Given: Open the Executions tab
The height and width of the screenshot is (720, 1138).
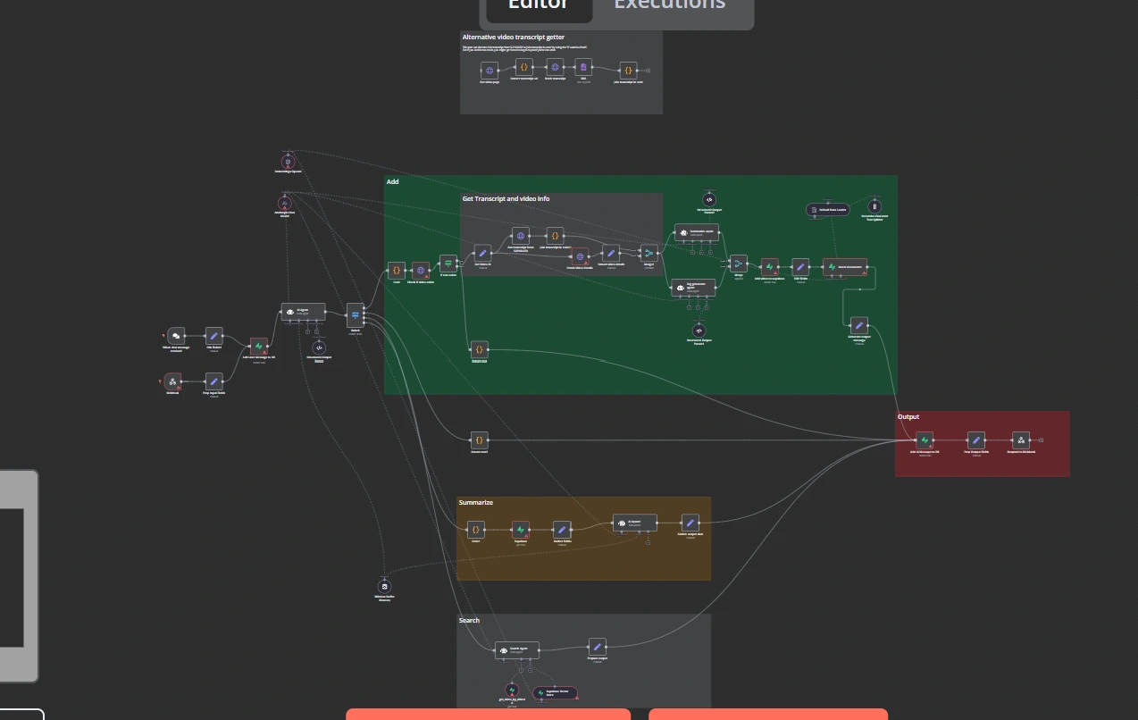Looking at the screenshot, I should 669,5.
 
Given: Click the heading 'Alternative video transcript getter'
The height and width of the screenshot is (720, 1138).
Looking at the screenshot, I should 514,37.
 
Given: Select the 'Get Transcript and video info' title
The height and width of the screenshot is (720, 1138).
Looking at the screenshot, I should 506,198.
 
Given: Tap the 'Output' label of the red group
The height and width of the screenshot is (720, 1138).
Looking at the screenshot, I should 908,416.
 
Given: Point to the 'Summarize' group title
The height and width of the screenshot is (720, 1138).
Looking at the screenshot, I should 476,502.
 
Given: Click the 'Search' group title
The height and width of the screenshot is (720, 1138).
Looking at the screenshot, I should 469,620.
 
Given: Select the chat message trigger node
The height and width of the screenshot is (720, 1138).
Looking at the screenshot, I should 176,336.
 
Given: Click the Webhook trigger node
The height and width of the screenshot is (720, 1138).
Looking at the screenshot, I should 173,382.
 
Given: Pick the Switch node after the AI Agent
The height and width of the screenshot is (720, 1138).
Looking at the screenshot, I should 356,313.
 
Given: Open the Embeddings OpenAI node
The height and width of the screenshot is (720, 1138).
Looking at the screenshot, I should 288,162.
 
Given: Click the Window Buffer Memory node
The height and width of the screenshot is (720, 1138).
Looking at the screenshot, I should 385,586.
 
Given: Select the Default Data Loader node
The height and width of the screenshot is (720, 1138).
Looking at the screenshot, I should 826,210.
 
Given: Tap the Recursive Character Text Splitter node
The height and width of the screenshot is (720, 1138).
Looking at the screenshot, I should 874,206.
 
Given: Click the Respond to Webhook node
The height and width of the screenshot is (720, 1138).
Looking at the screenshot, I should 1021,440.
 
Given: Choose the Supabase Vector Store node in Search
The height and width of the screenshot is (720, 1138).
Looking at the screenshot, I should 555,692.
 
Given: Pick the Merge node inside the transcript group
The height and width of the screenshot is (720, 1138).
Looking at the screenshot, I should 648,253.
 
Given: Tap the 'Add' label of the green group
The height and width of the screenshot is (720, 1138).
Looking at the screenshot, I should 392,181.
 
